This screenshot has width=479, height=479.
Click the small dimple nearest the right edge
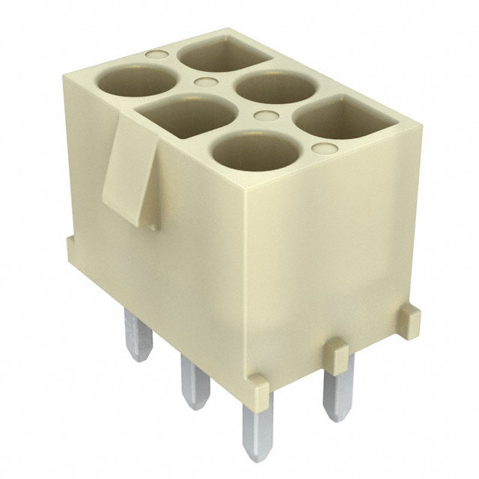pos(323,149)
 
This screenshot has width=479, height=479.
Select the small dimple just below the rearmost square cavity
pos(204,84)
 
